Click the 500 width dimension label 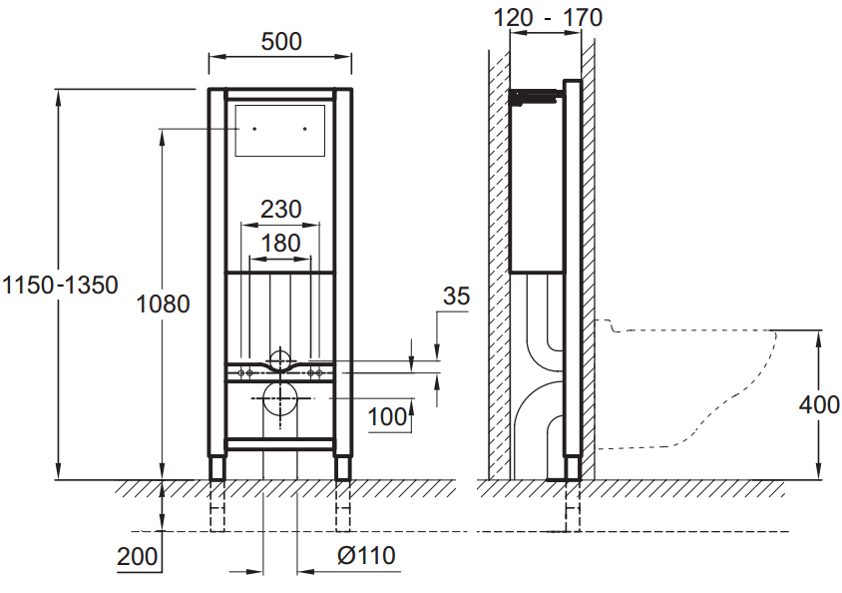tap(281, 41)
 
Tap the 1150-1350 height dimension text tap(60, 285)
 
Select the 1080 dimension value tap(163, 304)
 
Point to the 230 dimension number tap(281, 209)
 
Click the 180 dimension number tap(280, 244)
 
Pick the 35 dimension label tap(457, 296)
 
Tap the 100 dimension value tap(387, 417)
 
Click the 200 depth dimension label tap(138, 556)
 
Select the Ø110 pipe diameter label tap(366, 555)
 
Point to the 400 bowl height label tap(819, 404)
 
